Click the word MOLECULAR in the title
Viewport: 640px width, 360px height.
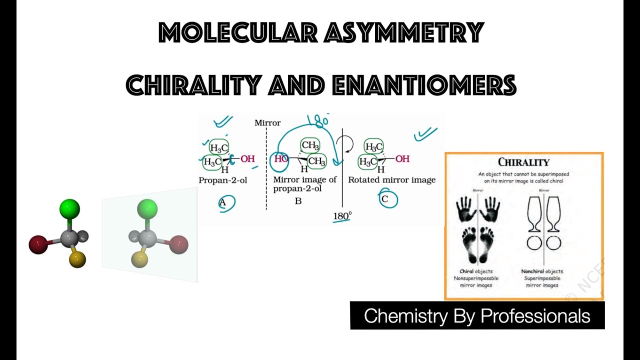(237, 33)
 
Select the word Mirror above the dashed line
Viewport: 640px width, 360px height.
(267, 122)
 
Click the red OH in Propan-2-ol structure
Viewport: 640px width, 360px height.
(247, 159)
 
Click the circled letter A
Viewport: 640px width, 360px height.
(223, 202)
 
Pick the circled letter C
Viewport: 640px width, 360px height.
(385, 198)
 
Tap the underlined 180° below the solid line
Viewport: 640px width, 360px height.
(342, 216)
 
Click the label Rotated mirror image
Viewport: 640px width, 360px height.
(391, 180)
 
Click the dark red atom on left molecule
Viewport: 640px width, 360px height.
(38, 245)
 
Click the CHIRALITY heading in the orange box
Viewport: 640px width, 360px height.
(523, 162)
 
